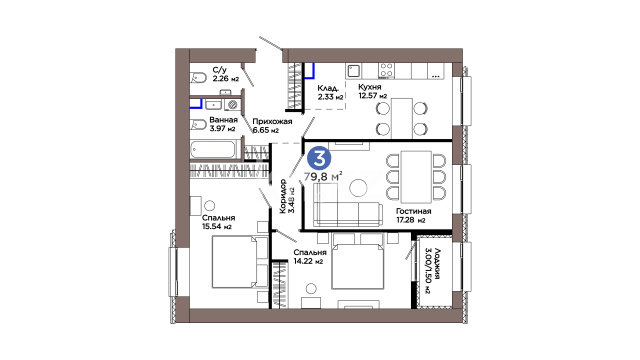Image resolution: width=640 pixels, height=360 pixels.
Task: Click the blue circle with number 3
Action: pyautogui.click(x=319, y=159)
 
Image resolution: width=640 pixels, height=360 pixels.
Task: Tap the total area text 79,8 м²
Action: pyautogui.click(x=323, y=177)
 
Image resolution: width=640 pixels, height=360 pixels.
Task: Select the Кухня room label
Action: pyautogui.click(x=370, y=87)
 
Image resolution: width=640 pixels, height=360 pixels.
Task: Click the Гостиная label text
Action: pyautogui.click(x=413, y=211)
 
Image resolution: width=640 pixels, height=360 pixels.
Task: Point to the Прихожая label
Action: pyautogui.click(x=272, y=121)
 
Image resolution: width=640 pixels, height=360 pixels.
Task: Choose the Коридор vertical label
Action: pyautogui.click(x=283, y=196)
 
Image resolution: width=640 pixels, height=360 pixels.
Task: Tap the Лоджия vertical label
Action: pyautogui.click(x=436, y=264)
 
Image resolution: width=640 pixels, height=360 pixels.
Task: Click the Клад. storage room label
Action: pyautogui.click(x=328, y=88)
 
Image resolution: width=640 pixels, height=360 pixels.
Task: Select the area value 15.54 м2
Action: pyautogui.click(x=217, y=227)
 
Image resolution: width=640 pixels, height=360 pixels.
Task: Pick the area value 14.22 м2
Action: pyautogui.click(x=308, y=261)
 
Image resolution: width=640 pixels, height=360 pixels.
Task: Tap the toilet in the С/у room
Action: pyautogui.click(x=198, y=78)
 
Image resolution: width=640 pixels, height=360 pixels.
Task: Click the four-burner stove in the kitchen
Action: pyautogui.click(x=386, y=71)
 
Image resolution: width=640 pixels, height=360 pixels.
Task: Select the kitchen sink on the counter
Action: pyautogui.click(x=353, y=71)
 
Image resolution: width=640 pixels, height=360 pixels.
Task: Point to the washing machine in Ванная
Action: pyautogui.click(x=233, y=104)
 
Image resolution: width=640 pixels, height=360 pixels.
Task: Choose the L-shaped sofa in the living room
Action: pyautogui.click(x=348, y=206)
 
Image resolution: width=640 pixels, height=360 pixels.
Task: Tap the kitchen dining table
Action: pyautogui.click(x=402, y=118)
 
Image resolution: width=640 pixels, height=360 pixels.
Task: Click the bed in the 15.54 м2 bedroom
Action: pyautogui.click(x=240, y=262)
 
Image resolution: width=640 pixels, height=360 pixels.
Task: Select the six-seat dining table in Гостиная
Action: pyautogui.click(x=416, y=177)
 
